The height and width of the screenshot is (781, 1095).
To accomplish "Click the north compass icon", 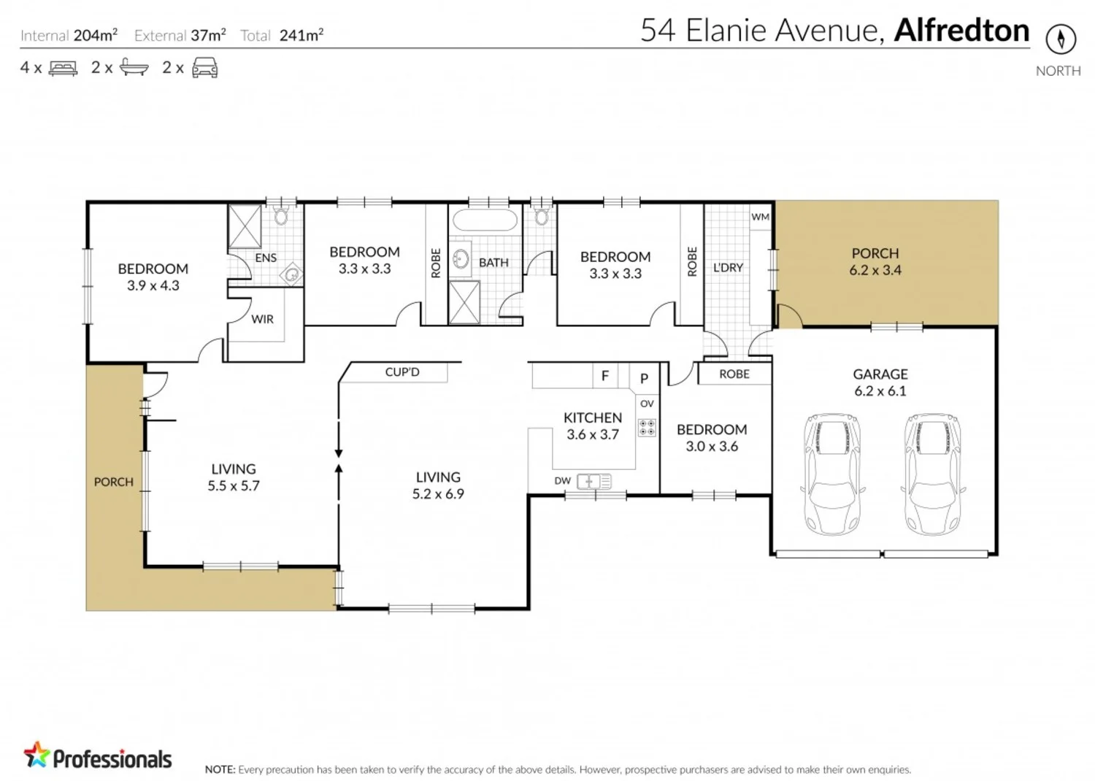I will coord(1060,39).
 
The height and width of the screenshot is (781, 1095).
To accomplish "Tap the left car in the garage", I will coord(832,474).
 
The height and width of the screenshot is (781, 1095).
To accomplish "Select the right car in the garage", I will coord(931,474).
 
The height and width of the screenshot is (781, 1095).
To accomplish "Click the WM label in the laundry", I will coord(760,217).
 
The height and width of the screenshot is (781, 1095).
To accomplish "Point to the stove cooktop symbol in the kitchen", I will coord(647,427).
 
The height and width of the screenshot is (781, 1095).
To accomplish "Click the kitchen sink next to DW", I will coord(593,481).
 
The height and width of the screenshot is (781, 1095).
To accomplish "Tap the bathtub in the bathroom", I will coord(483,220).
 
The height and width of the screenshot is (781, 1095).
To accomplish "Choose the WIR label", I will coord(262,319).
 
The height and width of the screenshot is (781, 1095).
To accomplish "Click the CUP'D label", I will coord(402,372).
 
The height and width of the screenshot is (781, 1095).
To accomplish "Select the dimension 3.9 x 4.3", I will coord(153,285).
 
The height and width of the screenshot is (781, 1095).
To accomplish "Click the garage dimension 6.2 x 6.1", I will coord(880,391).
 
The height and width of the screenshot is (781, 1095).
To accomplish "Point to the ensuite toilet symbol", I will coord(281,215).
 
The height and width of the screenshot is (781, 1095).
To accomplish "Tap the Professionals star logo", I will coord(36,755).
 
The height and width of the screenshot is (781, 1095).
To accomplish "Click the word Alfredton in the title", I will coord(961,31).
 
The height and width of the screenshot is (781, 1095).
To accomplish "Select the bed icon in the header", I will coord(63,69).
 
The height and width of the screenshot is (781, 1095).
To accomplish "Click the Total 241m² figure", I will coord(301,35).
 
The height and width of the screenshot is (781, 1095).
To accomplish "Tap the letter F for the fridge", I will coord(604,377).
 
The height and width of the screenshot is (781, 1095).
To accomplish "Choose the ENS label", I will coord(266,258).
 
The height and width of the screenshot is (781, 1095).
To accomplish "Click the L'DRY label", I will coord(728,268).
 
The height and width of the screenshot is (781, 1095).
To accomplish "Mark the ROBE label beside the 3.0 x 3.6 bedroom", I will coord(734,374).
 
